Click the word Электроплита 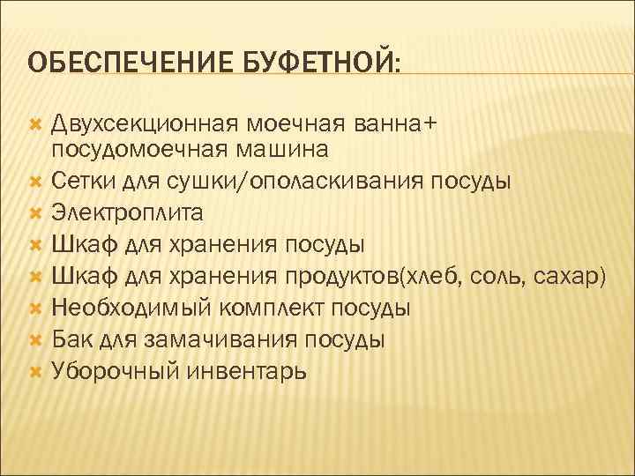pos(127,212)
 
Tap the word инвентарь pos(248,371)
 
